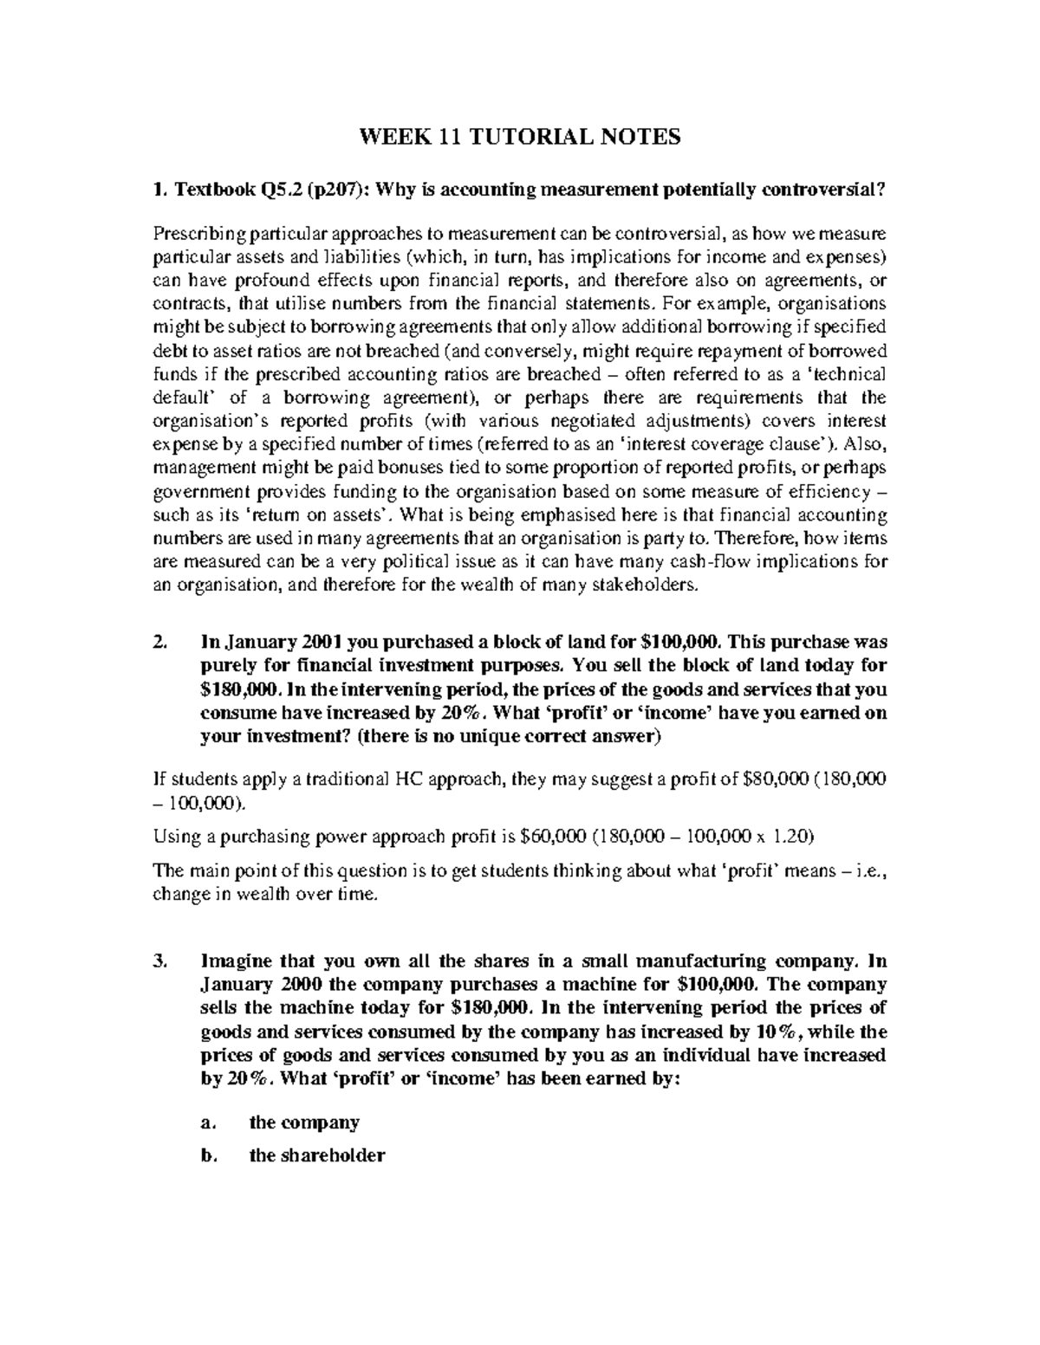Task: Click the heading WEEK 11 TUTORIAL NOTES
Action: coord(520,137)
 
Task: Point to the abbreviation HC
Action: coord(411,779)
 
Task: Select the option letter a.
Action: coord(205,1122)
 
